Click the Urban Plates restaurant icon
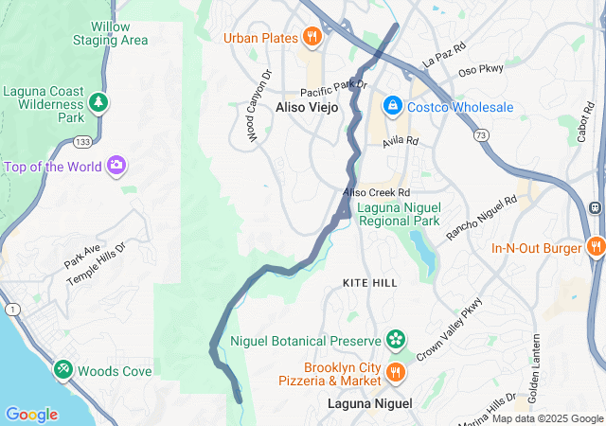[312, 38]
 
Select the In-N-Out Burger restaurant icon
[596, 248]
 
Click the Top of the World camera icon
[116, 167]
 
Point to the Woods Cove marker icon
[62, 371]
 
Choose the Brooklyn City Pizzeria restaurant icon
[395, 372]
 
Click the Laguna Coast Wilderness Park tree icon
[98, 100]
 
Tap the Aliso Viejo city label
[306, 107]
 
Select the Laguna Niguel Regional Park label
[398, 214]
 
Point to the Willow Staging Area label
[111, 34]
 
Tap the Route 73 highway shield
[482, 136]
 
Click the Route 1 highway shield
[10, 310]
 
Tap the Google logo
[32, 415]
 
